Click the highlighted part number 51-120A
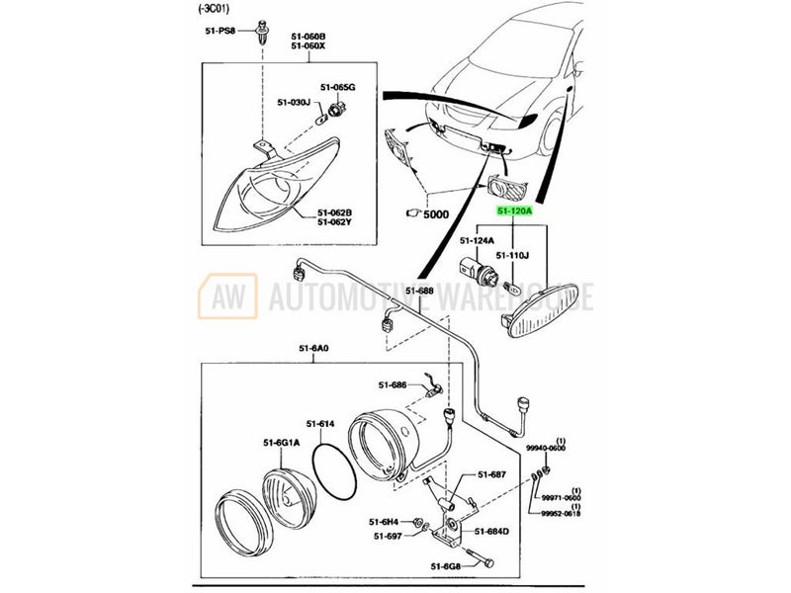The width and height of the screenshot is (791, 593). click(513, 212)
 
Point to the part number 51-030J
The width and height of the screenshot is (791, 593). click(294, 102)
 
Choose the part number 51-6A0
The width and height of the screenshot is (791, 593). click(311, 348)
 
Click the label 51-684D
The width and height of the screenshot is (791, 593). click(491, 532)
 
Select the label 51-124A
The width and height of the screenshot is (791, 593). click(479, 240)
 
